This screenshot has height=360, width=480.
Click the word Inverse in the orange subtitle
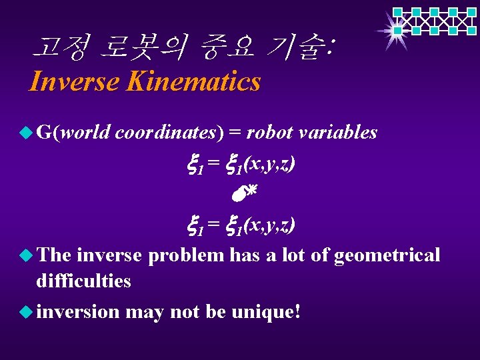pyautogui.click(x=73, y=82)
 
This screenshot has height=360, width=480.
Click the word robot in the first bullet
pyautogui.click(x=269, y=133)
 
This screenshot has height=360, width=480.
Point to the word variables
pyautogui.click(x=338, y=133)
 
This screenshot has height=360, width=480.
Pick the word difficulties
pyautogui.click(x=83, y=281)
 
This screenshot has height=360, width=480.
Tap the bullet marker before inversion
pyautogui.click(x=25, y=311)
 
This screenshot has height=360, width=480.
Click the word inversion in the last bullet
pyautogui.click(x=78, y=311)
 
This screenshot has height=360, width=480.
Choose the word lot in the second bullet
pyautogui.click(x=297, y=255)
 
